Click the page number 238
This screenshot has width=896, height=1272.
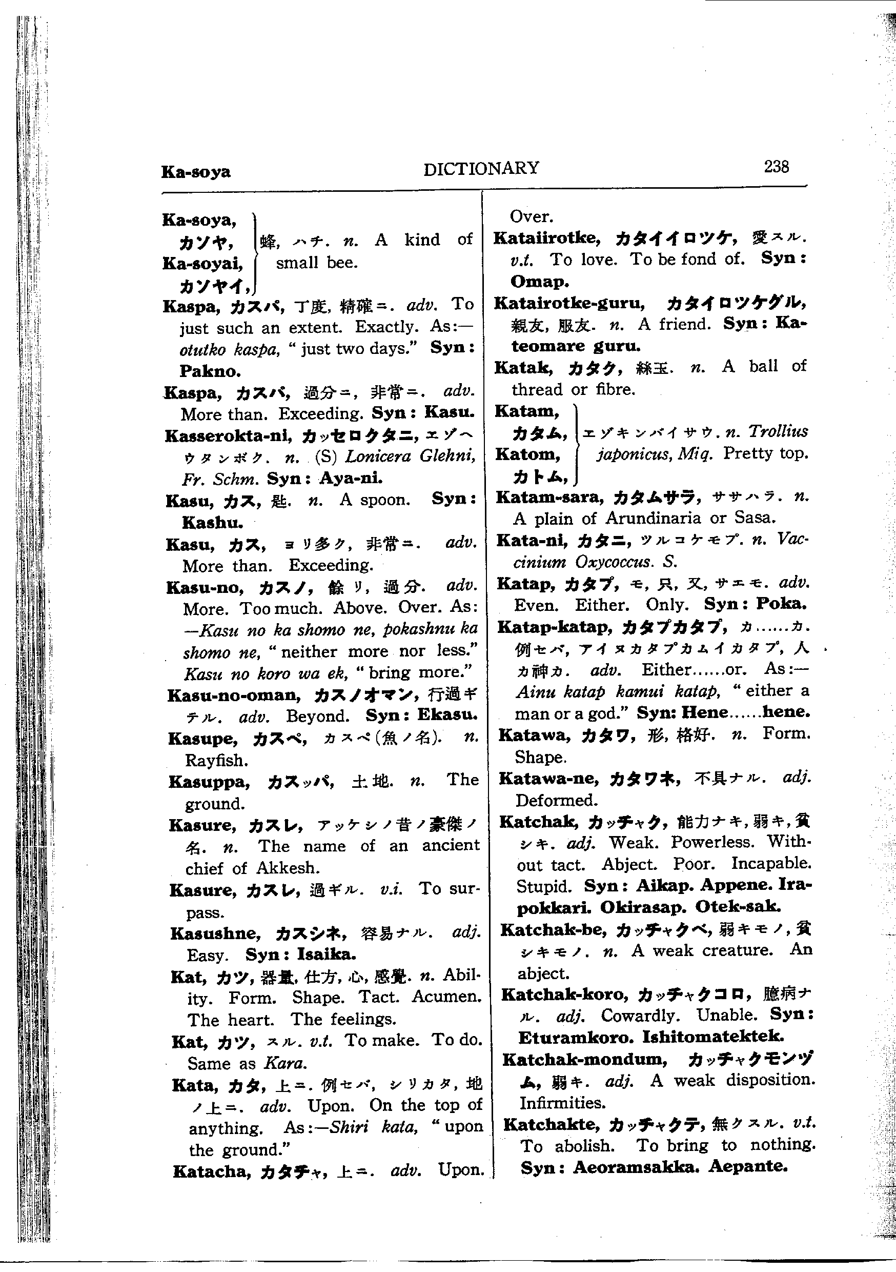777,166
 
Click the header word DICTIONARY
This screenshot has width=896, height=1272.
481,168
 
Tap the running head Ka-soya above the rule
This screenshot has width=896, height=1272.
195,171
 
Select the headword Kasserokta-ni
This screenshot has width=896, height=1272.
228,436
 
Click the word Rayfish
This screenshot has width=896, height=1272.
216,760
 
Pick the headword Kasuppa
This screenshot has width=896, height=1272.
209,782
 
